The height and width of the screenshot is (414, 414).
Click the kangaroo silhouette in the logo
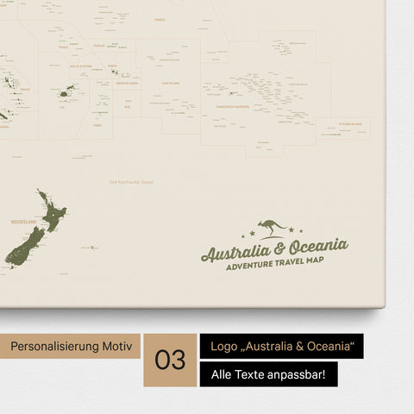[273, 227]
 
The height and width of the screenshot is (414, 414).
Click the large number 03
[170, 361]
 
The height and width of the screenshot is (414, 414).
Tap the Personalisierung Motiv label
[72, 346]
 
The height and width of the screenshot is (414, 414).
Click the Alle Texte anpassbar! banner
[268, 374]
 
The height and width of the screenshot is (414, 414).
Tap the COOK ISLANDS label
[176, 83]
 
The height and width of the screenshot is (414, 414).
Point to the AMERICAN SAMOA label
[122, 83]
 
